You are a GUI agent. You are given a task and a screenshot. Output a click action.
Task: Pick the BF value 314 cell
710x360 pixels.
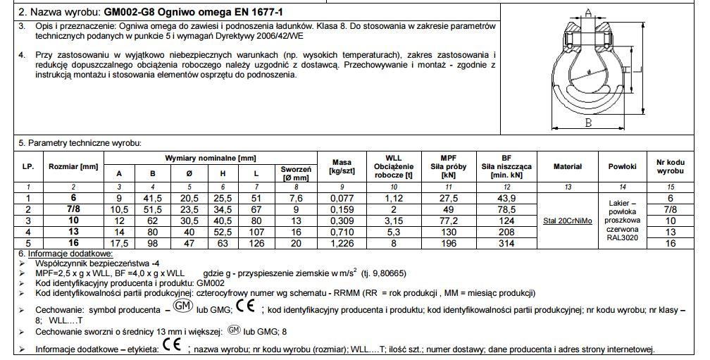tap(505, 243)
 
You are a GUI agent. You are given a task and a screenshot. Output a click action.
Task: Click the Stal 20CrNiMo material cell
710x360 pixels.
tap(567, 221)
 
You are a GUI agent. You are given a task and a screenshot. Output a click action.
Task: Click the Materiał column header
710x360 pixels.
tap(567, 166)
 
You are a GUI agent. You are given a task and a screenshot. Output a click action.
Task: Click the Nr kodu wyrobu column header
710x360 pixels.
tap(670, 166)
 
